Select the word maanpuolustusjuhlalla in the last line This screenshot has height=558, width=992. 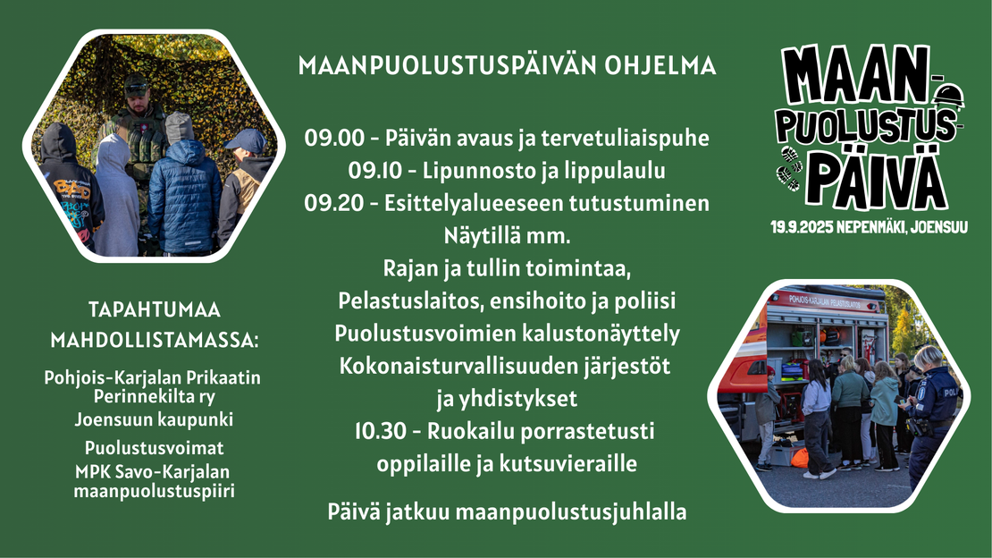(x=571, y=512)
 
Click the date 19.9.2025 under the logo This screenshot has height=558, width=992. (x=802, y=227)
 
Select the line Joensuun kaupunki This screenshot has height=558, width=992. (x=154, y=420)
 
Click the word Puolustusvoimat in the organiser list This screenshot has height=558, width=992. (x=154, y=448)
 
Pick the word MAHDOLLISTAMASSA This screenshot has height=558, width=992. (x=155, y=340)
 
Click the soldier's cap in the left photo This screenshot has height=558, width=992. (x=136, y=83)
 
